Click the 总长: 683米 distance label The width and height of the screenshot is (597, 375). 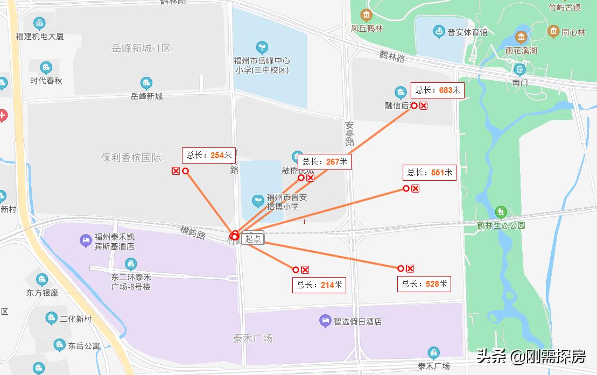click(x=438, y=90)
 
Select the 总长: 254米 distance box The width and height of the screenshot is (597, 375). click(x=209, y=155)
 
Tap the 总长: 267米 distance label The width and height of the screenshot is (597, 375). click(x=325, y=161)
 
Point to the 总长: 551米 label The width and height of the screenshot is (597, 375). click(x=430, y=173)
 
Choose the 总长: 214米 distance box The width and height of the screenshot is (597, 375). click(x=319, y=285)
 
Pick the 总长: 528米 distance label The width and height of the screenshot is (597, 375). click(x=424, y=284)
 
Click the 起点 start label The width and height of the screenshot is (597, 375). click(x=252, y=239)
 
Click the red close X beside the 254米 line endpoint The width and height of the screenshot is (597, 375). click(x=175, y=171)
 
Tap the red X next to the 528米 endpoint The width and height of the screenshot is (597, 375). click(x=410, y=268)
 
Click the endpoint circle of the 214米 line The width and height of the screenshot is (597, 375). click(x=296, y=270)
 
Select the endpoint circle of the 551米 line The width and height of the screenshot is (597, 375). click(x=406, y=188)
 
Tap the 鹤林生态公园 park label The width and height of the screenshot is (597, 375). click(x=501, y=225)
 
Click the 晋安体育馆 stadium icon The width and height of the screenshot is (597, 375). click(x=439, y=32)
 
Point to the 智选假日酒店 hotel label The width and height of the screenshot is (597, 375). click(x=357, y=322)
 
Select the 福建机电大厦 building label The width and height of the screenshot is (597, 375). click(x=40, y=37)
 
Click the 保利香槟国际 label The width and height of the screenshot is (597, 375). click(x=131, y=158)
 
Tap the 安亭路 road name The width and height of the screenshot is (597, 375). click(x=350, y=134)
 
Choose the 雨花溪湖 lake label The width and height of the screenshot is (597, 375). click(x=521, y=51)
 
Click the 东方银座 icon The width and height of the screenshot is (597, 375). click(x=42, y=280)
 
